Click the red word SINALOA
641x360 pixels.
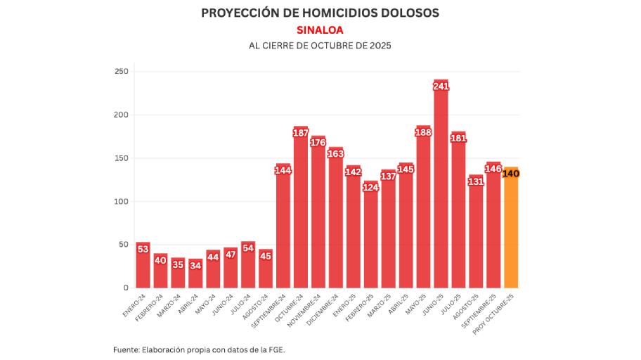320,30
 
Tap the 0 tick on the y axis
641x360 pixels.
126,288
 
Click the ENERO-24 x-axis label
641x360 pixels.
135,304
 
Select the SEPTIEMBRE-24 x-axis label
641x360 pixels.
270,309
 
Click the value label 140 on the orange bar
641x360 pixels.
511,174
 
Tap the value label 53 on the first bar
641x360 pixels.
143,249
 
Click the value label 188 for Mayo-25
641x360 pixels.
423,132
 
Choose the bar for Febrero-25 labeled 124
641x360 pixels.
370,239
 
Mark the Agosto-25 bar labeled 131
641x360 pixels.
476,239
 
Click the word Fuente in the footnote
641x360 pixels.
126,349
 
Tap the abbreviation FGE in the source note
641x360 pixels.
276,349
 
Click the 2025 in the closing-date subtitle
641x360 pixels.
377,45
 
